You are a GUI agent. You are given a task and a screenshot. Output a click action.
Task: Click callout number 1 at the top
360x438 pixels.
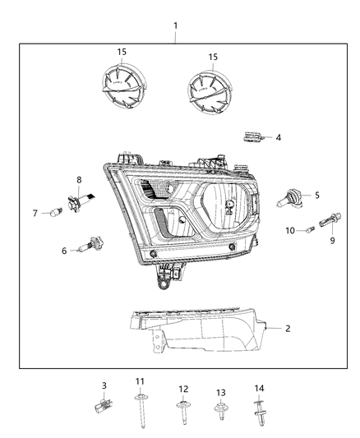(174, 25)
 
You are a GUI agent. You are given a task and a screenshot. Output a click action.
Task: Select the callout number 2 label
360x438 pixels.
(288, 328)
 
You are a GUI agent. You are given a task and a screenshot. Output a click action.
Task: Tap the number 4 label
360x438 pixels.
(278, 137)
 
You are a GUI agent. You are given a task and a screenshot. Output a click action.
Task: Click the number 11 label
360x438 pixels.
(141, 382)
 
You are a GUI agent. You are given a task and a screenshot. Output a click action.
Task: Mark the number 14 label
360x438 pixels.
(258, 387)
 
